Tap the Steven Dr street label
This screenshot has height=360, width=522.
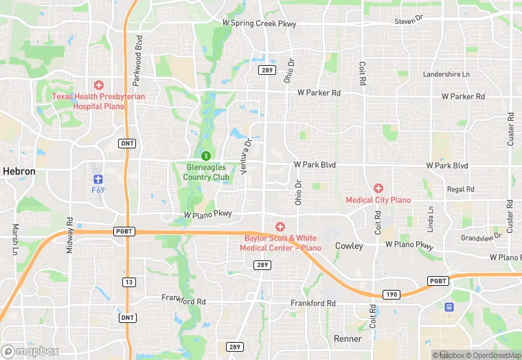(x=409, y=22)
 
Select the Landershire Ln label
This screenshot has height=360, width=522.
(x=446, y=74)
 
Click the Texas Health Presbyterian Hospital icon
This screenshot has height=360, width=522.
(x=99, y=85)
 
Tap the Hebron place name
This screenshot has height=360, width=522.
(x=19, y=170)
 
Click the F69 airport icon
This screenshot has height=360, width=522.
(x=98, y=177)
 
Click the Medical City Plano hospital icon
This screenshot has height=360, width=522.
(x=378, y=188)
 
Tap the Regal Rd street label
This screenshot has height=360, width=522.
(x=460, y=189)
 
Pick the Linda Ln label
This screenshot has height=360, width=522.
(x=431, y=218)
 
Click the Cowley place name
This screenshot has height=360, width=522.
(x=349, y=246)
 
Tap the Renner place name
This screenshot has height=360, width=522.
(x=348, y=339)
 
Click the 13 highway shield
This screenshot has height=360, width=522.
(x=128, y=282)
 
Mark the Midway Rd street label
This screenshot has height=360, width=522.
(x=70, y=235)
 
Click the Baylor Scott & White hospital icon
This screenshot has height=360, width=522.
(x=280, y=227)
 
